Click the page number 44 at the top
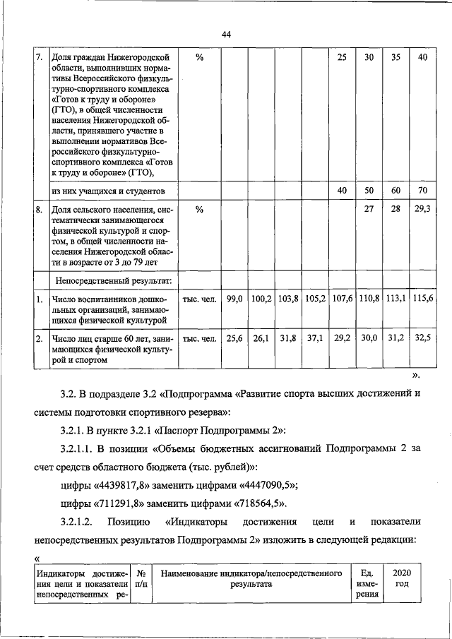[226, 35]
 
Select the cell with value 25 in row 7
[342, 57]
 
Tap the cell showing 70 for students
[422, 191]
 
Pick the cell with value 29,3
[422, 210]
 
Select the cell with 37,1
[315, 339]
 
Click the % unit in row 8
[200, 210]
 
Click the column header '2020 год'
[401, 580]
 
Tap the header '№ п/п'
[141, 580]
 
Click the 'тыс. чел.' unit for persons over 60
[200, 339]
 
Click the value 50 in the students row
[369, 191]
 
